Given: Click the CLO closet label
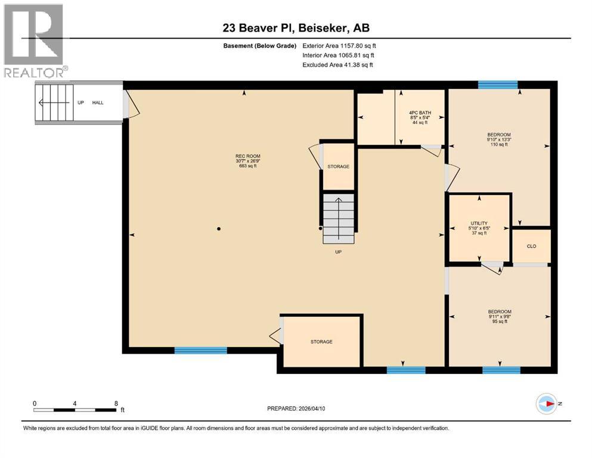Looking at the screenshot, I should pyautogui.click(x=531, y=245).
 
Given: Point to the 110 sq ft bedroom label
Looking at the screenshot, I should pyautogui.click(x=499, y=139).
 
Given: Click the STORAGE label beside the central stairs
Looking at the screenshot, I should pyautogui.click(x=338, y=166).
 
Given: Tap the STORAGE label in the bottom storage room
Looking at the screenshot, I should pyautogui.click(x=321, y=342).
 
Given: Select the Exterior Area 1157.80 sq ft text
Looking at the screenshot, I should pyautogui.click(x=339, y=45).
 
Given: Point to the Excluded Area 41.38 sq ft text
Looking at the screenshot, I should pyautogui.click(x=339, y=64).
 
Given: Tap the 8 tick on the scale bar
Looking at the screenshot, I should pyautogui.click(x=116, y=403).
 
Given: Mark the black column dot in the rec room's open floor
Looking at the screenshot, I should pyautogui.click(x=219, y=228).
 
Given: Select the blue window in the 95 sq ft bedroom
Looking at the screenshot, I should pyautogui.click(x=497, y=370).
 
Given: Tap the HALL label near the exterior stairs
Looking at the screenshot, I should pyautogui.click(x=98, y=103).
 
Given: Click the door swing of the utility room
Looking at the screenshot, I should pyautogui.click(x=493, y=268).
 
